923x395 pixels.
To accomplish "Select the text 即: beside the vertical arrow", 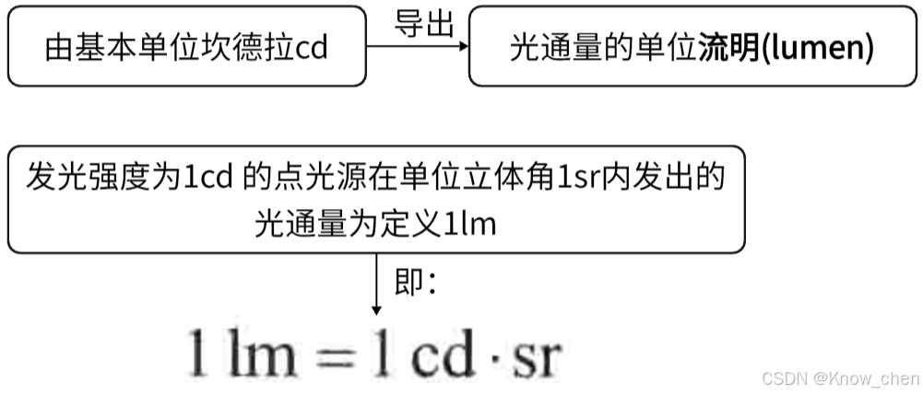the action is pos(415,282).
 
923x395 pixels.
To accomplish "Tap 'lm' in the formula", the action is pos(255,354).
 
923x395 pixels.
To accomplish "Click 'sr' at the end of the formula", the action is pos(538,354).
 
